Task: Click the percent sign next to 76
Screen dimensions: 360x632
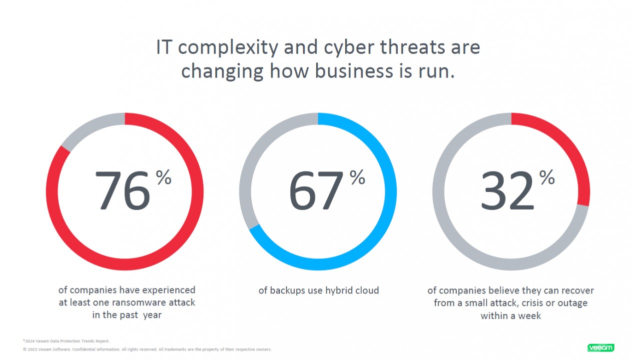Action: coord(164,177)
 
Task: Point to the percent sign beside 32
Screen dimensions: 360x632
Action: coord(547,177)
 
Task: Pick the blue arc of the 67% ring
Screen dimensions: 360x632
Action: coord(385,210)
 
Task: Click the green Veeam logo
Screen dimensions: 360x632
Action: coord(601,347)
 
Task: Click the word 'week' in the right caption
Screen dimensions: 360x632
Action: coord(531,315)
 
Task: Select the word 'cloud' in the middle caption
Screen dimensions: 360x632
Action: coord(367,290)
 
